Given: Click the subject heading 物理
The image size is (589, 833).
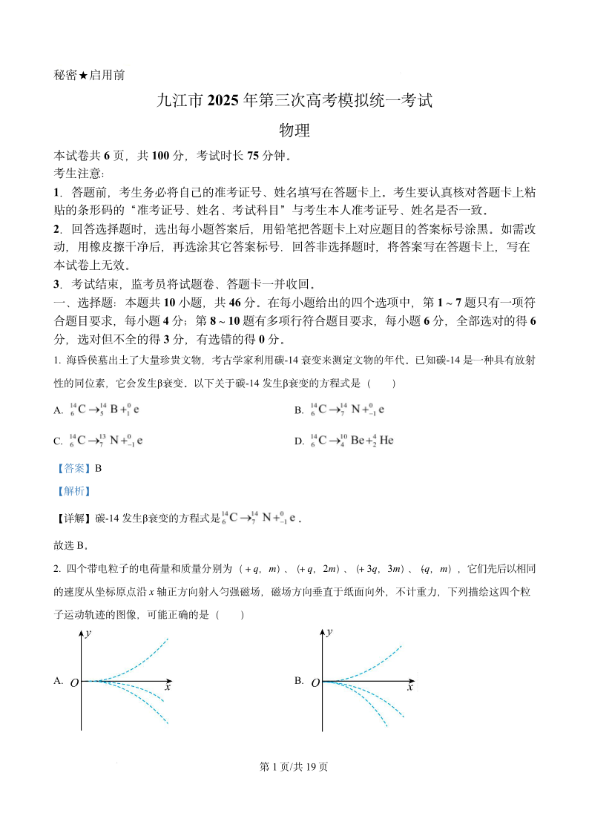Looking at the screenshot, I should (x=294, y=131).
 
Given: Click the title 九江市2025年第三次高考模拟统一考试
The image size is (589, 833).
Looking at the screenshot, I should (x=294, y=101).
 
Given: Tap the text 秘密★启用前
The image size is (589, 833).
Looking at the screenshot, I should (x=90, y=75).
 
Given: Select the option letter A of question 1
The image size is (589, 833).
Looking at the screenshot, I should (x=59, y=410).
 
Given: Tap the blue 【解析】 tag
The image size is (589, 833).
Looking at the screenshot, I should (x=73, y=491).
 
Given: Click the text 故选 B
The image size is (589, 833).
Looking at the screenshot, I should (x=71, y=546).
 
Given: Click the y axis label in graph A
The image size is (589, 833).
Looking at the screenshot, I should (x=88, y=633).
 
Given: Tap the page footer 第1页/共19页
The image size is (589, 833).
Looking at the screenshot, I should (x=294, y=767).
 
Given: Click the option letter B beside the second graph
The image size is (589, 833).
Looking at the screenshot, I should (x=299, y=680).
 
